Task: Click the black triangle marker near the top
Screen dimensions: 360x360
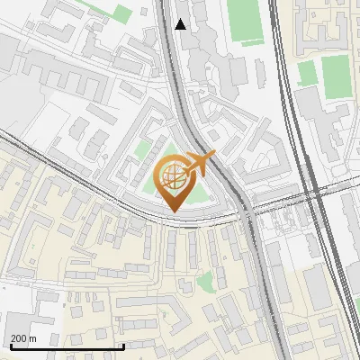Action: [181, 24]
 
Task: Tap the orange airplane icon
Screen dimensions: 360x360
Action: [199, 164]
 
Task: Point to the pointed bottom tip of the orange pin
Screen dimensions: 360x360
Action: [173, 211]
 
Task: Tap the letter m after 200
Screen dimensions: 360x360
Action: [32, 338]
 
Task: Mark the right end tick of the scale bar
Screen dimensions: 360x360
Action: [123, 346]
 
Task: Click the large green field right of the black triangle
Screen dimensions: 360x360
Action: [243, 20]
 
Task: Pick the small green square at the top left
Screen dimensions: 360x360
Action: [121, 13]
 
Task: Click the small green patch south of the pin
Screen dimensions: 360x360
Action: [206, 281]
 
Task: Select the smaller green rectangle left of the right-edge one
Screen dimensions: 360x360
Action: [307, 73]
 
